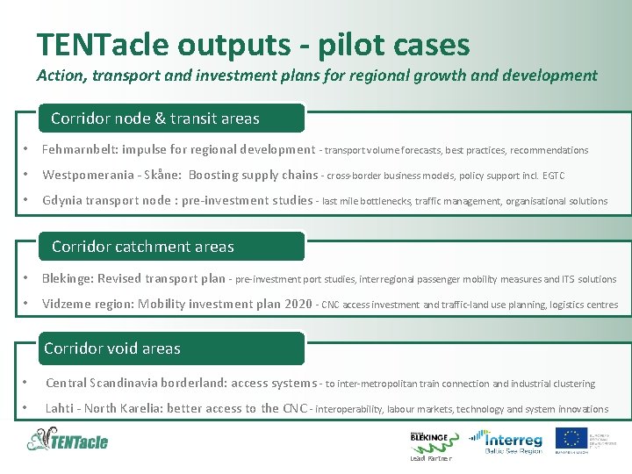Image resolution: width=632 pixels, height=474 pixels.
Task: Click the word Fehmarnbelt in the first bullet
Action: pos(81,150)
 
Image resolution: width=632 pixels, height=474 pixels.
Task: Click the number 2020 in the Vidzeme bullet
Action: pos(298,305)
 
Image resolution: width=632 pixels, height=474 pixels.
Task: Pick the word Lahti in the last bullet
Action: pos(60,408)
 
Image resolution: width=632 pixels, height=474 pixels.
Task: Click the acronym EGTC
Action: pos(553,176)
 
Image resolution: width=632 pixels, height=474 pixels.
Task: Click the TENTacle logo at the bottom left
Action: pos(68,439)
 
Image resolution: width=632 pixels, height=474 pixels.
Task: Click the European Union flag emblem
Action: pos(575,439)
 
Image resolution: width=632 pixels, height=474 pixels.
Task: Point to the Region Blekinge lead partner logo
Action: pos(429,442)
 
